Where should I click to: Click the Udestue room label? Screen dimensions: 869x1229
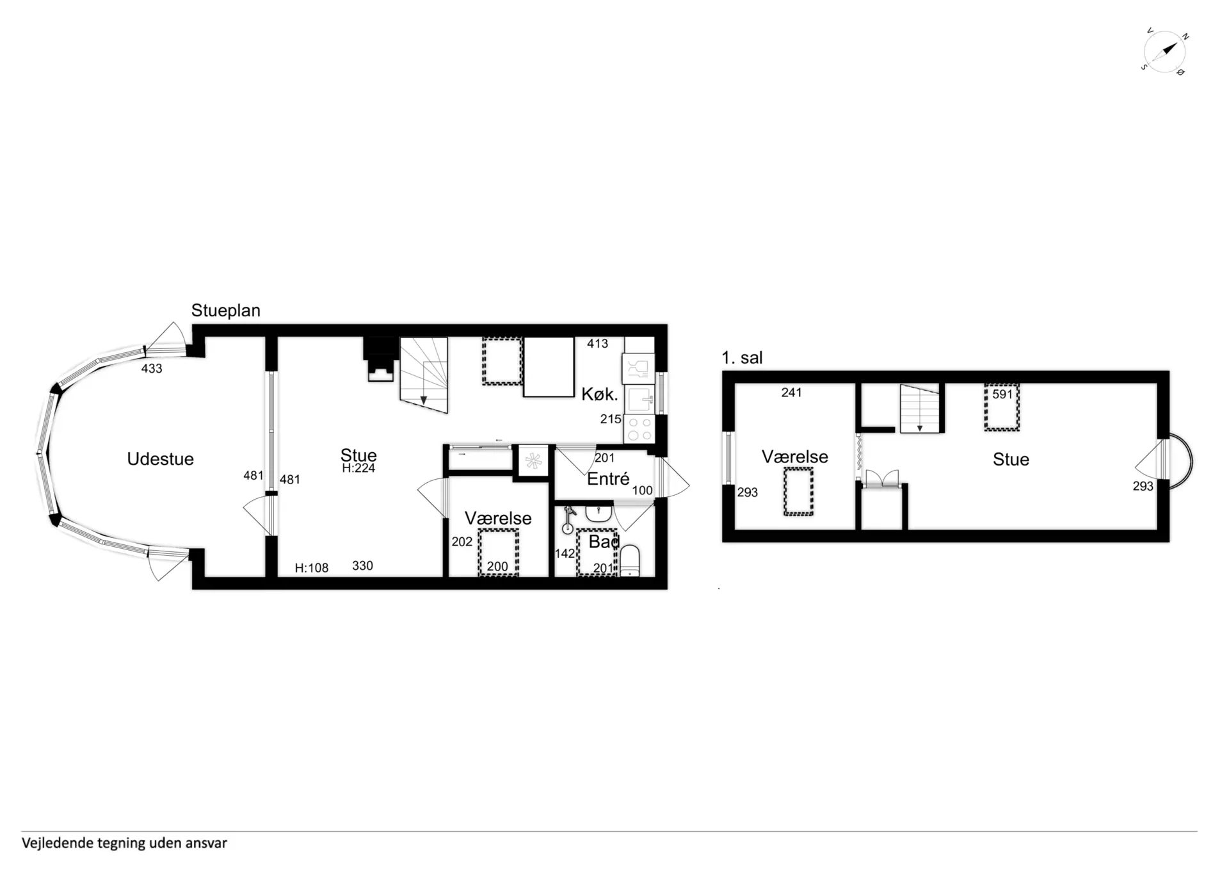160,459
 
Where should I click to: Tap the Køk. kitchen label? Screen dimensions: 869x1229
599,394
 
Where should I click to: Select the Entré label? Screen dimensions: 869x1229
608,479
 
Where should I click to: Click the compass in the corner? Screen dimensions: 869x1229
1164,52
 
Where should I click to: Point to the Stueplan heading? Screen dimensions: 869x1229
225,311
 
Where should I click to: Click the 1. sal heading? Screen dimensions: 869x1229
742,358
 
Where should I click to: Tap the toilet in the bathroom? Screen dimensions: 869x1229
630,560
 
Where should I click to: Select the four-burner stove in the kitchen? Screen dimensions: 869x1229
639,429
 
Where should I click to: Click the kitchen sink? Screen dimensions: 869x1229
639,400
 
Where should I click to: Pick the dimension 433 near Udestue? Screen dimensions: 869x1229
152,369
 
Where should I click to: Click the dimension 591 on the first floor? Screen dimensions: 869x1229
1002,395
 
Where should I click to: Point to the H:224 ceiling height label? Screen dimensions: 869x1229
358,469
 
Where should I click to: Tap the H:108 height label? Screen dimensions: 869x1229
311,568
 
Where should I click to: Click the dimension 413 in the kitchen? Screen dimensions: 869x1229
597,344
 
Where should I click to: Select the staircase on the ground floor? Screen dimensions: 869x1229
424,375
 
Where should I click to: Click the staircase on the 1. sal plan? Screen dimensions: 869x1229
920,409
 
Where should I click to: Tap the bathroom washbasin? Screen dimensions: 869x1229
598,513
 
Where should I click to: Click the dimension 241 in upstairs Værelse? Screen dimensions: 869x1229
791,393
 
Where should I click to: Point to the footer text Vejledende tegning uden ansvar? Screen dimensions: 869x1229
124,843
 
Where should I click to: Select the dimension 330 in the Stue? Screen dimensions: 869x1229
362,566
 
